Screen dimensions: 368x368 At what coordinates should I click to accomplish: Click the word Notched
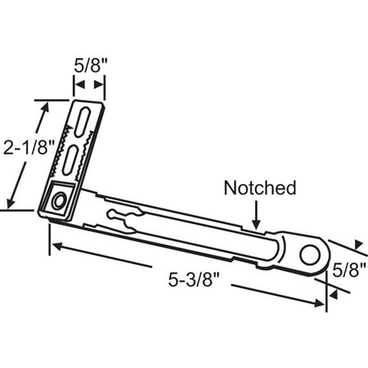(259, 188)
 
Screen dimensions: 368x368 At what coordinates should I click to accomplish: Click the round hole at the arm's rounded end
(309, 253)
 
